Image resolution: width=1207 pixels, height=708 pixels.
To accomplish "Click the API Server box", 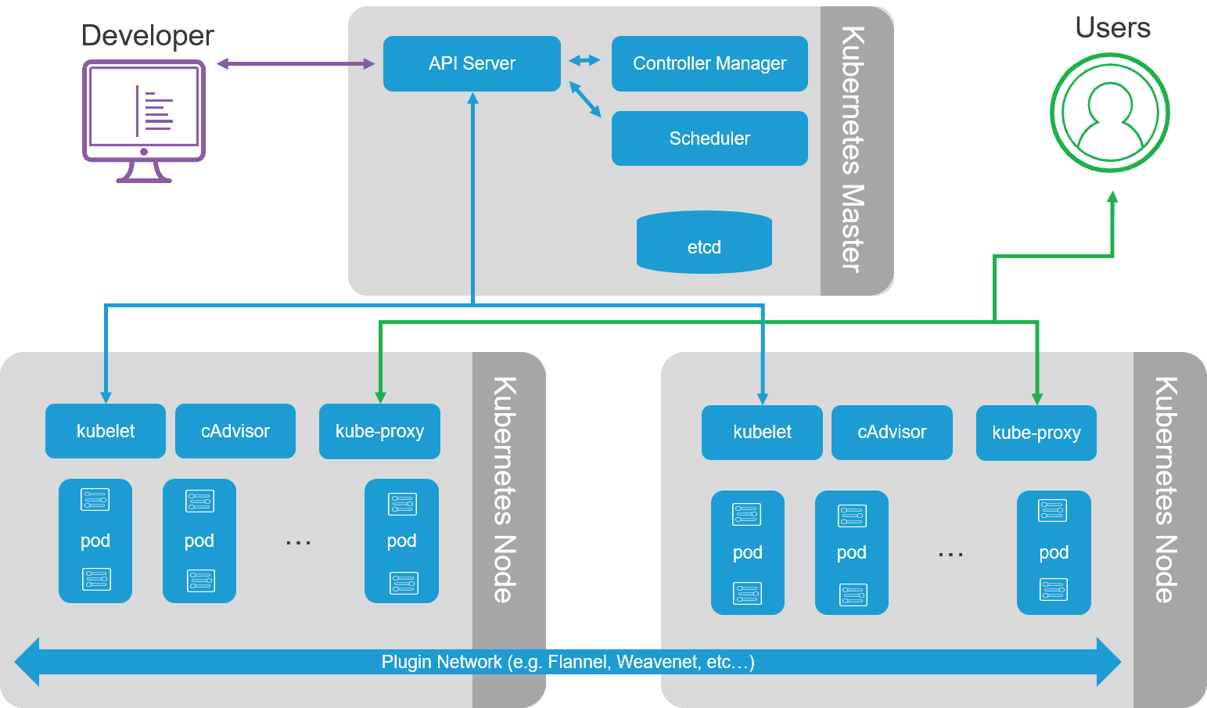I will tap(472, 63).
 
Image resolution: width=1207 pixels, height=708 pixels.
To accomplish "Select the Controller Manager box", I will tap(709, 63).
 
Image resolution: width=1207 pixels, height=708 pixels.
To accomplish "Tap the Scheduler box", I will tap(709, 138).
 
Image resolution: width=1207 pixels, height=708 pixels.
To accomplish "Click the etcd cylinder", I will tap(704, 243).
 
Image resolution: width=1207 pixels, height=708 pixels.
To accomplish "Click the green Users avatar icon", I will tap(1109, 113).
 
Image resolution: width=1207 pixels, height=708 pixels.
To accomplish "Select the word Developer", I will tap(147, 35).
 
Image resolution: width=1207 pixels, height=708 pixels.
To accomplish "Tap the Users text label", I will tap(1112, 28).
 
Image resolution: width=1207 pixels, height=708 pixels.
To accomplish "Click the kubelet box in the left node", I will tap(106, 431).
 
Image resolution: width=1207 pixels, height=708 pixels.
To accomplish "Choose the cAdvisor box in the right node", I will tap(892, 433).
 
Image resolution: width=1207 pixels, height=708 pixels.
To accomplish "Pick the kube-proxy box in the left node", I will tap(379, 431).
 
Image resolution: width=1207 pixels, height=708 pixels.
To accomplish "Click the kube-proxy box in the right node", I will tap(1036, 433).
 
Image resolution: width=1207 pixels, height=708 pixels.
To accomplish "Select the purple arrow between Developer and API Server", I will tap(296, 63).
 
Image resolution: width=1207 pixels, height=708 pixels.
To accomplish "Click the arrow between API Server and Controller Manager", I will tap(584, 60).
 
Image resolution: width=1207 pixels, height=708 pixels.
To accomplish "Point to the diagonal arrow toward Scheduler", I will tap(584, 100).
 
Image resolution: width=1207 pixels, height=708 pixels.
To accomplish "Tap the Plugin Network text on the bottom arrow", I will tap(567, 662).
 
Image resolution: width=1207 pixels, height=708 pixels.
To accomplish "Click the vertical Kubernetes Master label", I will tap(853, 149).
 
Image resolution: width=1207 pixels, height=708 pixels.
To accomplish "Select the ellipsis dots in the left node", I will tap(298, 542).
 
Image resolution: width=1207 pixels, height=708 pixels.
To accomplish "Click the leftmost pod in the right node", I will tap(747, 552).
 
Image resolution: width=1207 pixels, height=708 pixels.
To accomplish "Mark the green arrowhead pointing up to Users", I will tap(1112, 197).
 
